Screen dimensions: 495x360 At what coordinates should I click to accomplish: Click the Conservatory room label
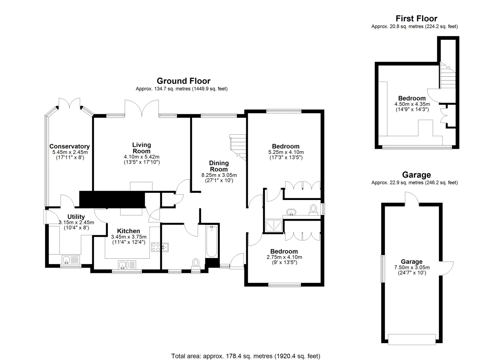[70, 146]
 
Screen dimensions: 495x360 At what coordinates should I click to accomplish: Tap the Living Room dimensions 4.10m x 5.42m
[142, 157]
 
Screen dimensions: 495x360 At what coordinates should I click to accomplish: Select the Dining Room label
[219, 166]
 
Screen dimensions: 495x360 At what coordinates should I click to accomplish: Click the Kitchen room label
[128, 231]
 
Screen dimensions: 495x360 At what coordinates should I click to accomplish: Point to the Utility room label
[76, 216]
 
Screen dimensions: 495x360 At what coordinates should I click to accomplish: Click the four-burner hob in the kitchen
[155, 247]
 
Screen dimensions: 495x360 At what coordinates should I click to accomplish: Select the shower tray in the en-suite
[274, 225]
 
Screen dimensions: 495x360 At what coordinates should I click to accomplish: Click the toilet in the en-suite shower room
[313, 210]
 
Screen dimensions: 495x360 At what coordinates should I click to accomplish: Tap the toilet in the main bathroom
[196, 264]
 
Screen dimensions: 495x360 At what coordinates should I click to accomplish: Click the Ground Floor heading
[183, 81]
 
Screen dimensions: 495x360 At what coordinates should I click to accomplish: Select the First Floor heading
[416, 18]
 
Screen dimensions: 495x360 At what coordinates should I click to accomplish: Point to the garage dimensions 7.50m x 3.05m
[412, 267]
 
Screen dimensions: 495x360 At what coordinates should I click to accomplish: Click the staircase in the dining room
[238, 147]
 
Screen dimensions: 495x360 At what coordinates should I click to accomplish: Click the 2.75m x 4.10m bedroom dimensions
[284, 257]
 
